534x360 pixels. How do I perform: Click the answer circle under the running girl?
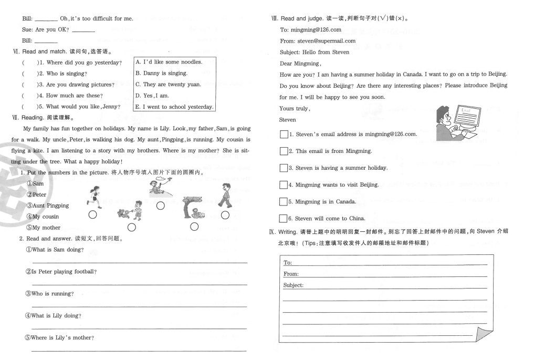pyautogui.click(x=92, y=214)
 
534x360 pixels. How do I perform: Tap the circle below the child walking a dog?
pyautogui.click(x=132, y=227)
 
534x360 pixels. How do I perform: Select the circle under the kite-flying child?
pyautogui.click(x=161, y=205)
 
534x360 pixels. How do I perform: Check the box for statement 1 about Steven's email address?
pyautogui.click(x=284, y=135)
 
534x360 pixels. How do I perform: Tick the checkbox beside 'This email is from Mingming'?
pyautogui.click(x=284, y=151)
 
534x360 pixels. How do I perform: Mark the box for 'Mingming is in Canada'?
pyautogui.click(x=284, y=202)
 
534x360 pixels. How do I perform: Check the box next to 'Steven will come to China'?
pyautogui.click(x=284, y=219)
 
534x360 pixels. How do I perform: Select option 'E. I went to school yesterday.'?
pyautogui.click(x=174, y=107)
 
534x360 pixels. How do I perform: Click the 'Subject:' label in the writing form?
pyautogui.click(x=294, y=285)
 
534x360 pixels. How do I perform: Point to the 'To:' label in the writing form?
pyautogui.click(x=288, y=262)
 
